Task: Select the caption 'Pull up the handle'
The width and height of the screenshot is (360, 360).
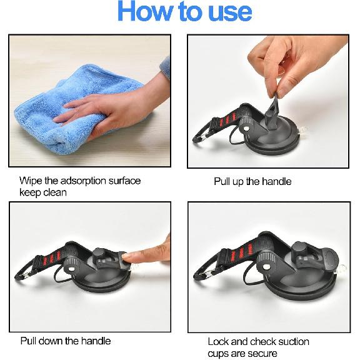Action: pos(252,182)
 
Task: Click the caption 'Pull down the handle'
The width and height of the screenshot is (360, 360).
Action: pos(65,341)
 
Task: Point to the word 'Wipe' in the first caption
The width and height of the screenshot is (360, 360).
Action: pos(31,181)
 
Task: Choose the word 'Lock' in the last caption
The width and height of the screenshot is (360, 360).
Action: pos(219,341)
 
